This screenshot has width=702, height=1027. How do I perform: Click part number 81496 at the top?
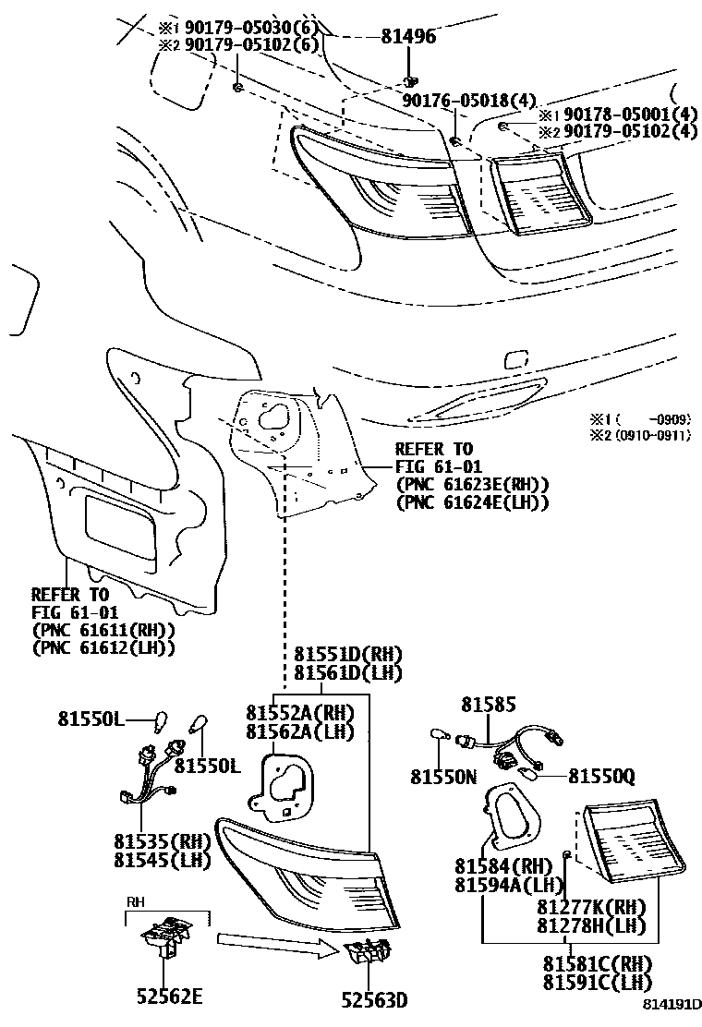(x=408, y=37)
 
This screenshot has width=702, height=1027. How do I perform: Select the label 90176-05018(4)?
(x=469, y=100)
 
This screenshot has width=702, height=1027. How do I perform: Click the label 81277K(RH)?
(x=590, y=908)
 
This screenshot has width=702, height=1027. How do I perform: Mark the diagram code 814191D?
(x=672, y=1015)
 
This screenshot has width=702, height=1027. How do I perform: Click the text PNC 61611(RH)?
(x=103, y=630)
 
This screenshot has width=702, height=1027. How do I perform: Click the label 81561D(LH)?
(x=348, y=673)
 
